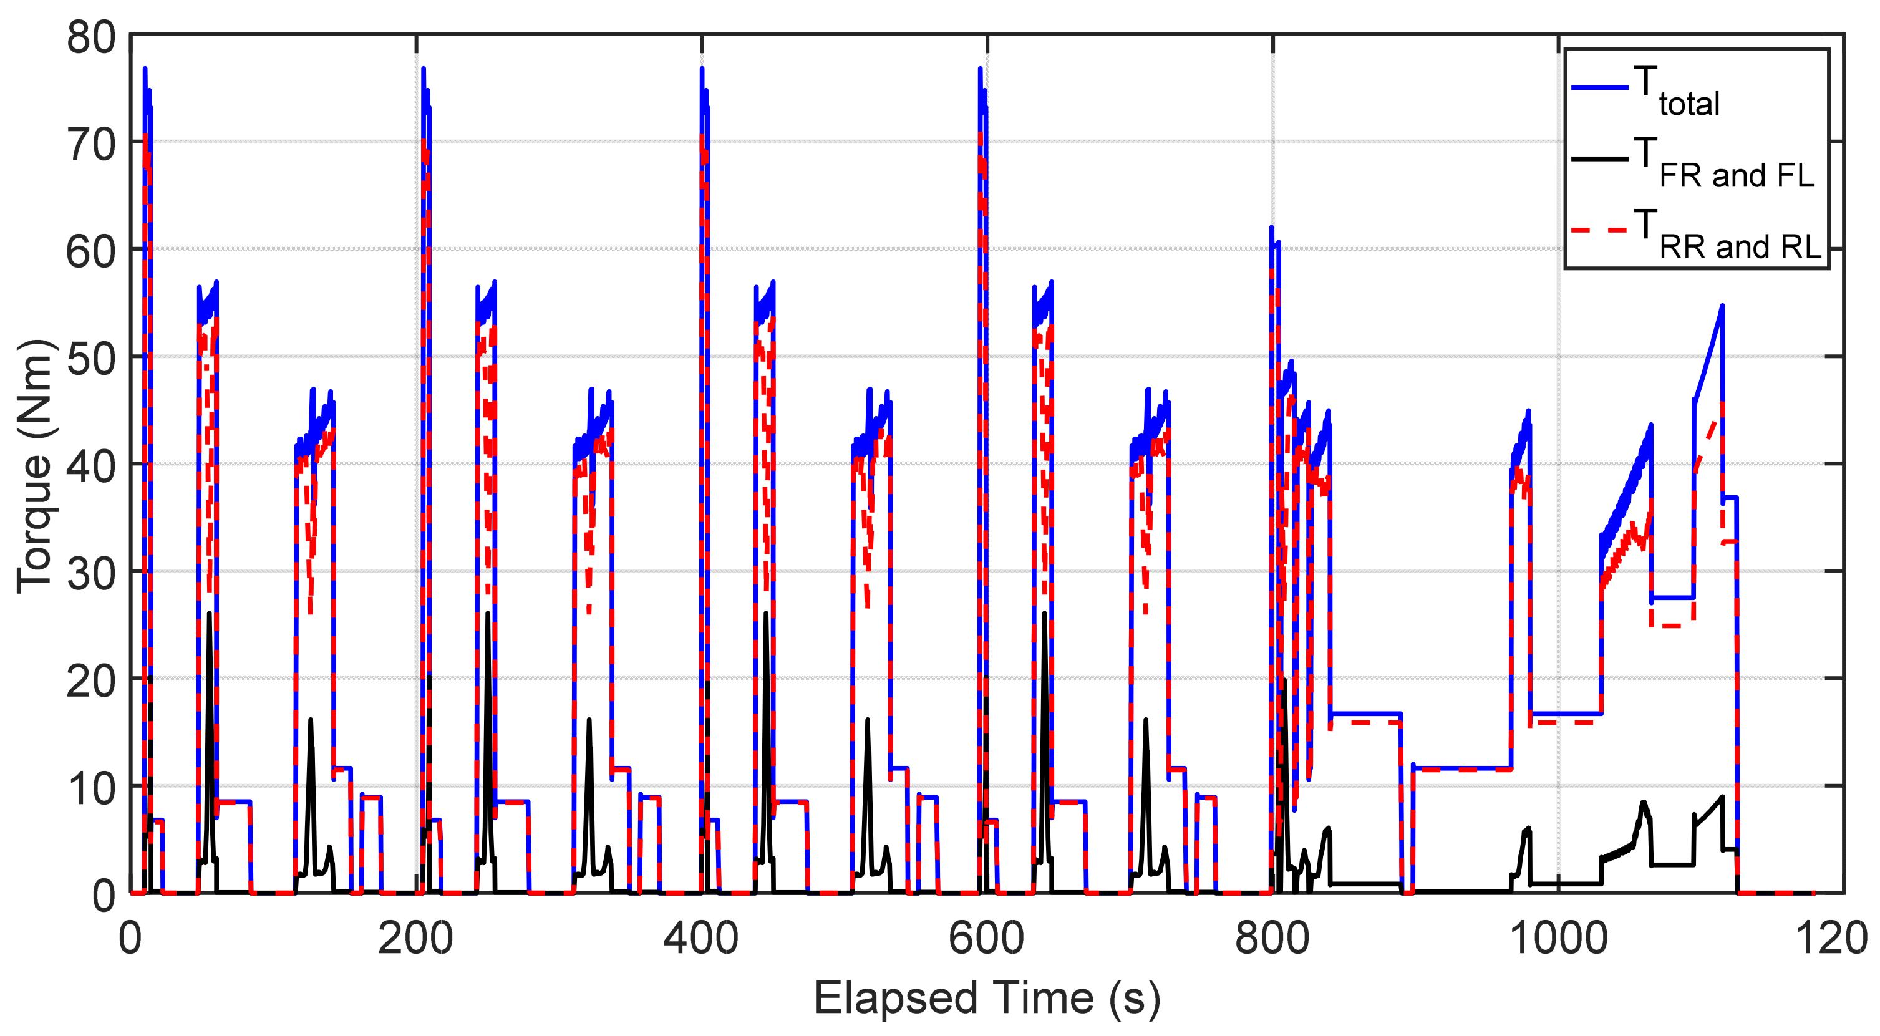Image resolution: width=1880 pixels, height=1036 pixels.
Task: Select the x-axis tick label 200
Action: [415, 938]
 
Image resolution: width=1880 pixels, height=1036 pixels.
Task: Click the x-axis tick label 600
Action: [986, 938]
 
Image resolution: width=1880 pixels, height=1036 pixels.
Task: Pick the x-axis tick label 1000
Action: [1558, 938]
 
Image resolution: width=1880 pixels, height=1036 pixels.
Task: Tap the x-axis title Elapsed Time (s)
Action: [986, 999]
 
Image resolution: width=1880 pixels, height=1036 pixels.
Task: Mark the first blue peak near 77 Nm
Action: [145, 69]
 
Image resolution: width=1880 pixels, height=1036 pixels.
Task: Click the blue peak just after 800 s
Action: [1271, 228]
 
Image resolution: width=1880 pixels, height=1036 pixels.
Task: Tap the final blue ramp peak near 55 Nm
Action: [1722, 306]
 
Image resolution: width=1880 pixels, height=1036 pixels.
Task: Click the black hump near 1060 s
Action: [1644, 802]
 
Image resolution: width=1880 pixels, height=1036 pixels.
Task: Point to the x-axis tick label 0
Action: [130, 938]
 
